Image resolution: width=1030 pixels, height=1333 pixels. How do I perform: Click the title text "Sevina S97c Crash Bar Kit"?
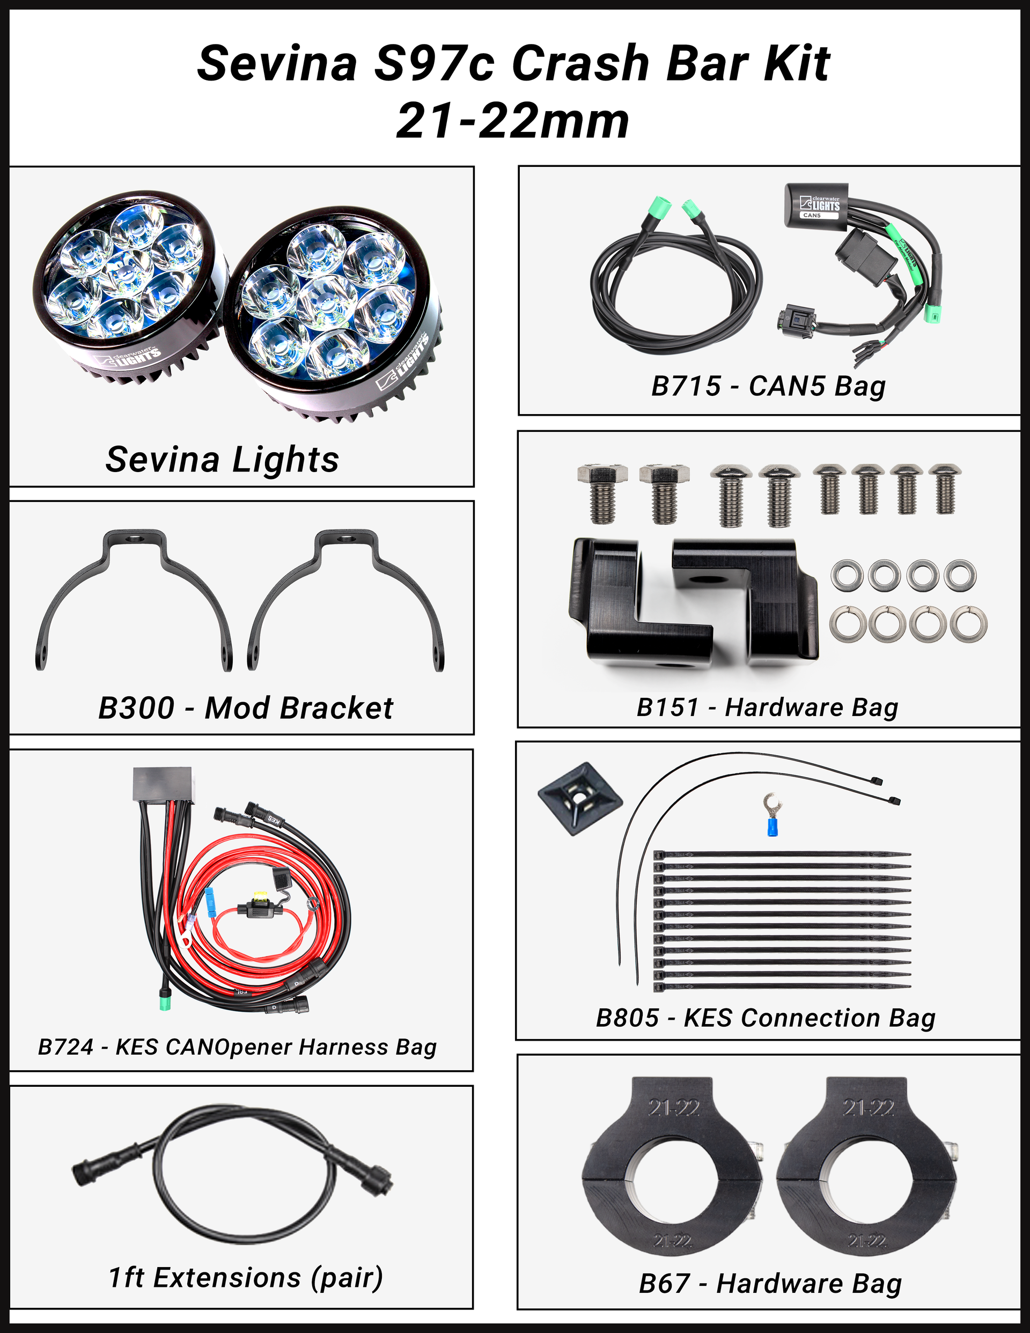(x=513, y=63)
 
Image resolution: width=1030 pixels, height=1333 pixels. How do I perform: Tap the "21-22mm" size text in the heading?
(x=513, y=121)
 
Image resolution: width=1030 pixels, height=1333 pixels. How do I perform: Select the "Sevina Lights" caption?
(x=222, y=460)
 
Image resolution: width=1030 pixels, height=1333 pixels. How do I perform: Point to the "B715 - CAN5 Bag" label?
(x=768, y=386)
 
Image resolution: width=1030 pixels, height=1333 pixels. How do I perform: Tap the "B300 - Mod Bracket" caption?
(x=246, y=708)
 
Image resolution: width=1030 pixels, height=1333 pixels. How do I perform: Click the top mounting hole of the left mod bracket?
(x=134, y=540)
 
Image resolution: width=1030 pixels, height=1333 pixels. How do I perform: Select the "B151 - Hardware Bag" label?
(x=768, y=708)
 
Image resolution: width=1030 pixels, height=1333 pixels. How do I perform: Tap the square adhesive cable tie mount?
(x=579, y=798)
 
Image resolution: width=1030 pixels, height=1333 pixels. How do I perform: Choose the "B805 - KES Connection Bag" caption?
(x=766, y=1018)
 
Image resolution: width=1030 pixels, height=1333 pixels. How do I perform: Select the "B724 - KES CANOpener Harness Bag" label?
(x=238, y=1047)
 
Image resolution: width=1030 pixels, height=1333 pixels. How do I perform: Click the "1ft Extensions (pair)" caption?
(x=246, y=1277)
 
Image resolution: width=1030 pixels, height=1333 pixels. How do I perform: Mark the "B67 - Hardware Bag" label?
(x=770, y=1283)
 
